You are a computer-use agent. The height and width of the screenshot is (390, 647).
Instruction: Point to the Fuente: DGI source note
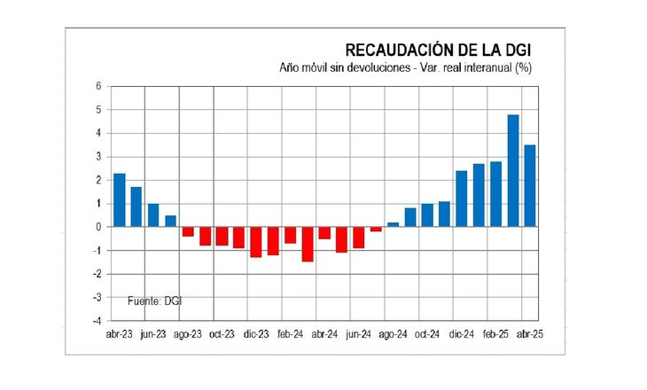(158, 300)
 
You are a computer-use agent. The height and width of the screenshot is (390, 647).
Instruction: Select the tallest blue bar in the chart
(512, 170)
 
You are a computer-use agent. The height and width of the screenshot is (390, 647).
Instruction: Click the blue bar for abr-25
(529, 185)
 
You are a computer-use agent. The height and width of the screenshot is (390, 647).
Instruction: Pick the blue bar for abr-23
(120, 199)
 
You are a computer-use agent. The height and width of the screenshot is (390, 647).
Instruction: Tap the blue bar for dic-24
(461, 199)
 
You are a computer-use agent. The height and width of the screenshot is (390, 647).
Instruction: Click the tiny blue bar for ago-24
(393, 224)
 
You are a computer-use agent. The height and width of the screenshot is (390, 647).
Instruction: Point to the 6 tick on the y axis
(99, 86)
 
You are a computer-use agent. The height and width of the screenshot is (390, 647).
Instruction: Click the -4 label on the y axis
(97, 320)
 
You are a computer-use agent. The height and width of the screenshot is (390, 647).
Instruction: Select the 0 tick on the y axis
(99, 227)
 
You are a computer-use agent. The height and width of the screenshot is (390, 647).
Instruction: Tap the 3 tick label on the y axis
(99, 157)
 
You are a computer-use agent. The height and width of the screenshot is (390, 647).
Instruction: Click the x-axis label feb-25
(496, 334)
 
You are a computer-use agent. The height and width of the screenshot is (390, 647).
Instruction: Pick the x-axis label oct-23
(222, 334)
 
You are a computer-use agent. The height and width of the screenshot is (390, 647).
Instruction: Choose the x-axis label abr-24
(324, 334)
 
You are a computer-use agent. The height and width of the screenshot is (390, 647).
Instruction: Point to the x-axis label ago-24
(393, 334)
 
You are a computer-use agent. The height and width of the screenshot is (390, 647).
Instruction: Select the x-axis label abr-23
(120, 334)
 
